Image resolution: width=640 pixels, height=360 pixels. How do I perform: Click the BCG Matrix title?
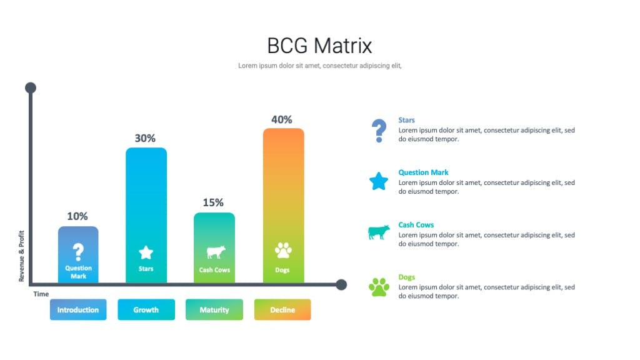[319, 46]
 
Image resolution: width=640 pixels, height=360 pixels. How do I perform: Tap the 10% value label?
[77, 216]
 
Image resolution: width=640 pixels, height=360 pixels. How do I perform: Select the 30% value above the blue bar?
[145, 138]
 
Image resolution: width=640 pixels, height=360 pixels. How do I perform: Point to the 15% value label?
[213, 203]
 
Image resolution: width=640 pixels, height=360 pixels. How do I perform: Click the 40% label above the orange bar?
[282, 119]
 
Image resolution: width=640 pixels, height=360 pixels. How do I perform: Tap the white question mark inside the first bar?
[78, 252]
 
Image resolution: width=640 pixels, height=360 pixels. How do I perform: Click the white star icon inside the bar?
[146, 252]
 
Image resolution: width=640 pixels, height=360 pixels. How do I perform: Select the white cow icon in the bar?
[216, 252]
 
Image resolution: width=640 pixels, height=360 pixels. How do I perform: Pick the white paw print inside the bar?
[283, 251]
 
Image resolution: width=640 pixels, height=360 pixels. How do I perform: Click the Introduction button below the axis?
[78, 309]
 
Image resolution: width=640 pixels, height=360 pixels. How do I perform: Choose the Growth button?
[146, 309]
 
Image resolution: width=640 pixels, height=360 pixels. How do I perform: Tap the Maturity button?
[214, 309]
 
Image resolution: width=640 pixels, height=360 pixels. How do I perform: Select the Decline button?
[282, 309]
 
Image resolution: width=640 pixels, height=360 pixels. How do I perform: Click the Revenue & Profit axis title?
[22, 256]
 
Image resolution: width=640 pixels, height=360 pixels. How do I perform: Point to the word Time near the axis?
[41, 294]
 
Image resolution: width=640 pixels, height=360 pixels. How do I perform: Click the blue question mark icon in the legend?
[379, 131]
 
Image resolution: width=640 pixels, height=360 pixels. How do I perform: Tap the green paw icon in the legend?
[379, 287]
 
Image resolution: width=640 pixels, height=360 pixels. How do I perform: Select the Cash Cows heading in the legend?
[416, 225]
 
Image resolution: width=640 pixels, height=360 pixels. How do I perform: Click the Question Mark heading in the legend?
[423, 172]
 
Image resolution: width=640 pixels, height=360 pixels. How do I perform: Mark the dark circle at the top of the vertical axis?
[31, 87]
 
